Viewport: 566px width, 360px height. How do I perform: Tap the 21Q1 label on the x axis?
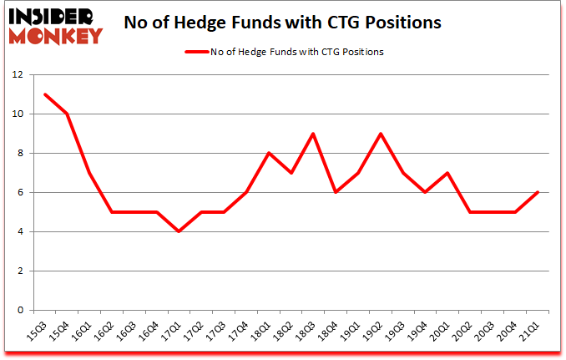pos(530,331)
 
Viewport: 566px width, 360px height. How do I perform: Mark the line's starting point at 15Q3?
pos(45,94)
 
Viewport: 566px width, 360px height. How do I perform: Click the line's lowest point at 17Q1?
pos(179,231)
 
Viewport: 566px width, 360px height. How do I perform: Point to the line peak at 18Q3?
pos(312,134)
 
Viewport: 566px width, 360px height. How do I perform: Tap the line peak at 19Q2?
pos(380,134)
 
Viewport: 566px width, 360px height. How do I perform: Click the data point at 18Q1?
pos(268,153)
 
